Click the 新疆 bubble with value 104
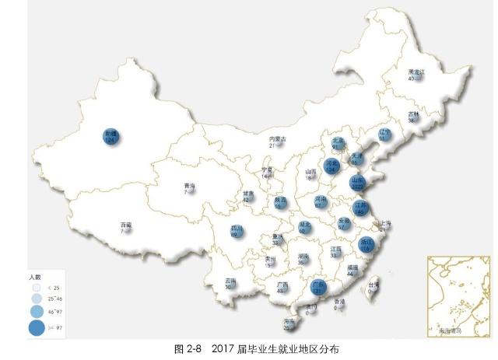[110, 136]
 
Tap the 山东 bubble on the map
[359, 183]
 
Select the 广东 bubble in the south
[317, 288]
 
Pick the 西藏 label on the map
[125, 226]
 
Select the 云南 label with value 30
[230, 283]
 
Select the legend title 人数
[35, 276]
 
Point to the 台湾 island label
[374, 285]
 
